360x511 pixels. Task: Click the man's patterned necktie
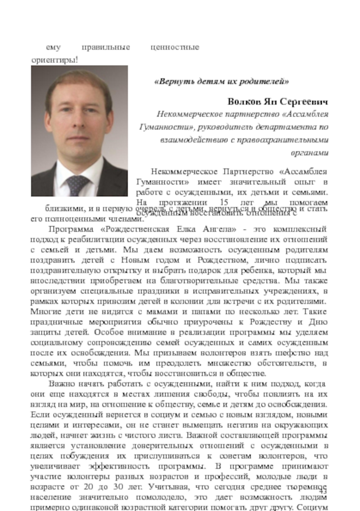[x=76, y=185]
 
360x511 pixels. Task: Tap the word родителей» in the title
[x=265, y=82]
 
